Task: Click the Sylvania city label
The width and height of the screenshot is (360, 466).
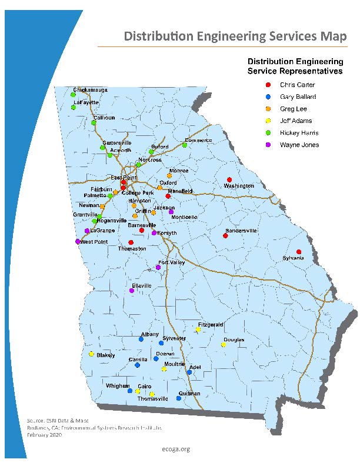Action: coord(294,258)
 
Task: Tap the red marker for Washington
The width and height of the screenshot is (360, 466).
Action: coord(229,179)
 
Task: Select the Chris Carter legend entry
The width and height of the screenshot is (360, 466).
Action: coord(297,85)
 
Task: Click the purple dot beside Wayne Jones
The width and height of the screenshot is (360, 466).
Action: coord(268,145)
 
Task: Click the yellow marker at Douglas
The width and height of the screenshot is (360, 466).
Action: coord(223,345)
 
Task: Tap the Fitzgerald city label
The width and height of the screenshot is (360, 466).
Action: coord(211,324)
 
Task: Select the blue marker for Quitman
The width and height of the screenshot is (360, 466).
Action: coord(179,398)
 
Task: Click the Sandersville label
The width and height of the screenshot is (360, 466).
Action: coord(241,231)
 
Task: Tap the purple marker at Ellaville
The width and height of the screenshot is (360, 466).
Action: coord(132,291)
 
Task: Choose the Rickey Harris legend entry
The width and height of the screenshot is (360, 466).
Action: coord(299,133)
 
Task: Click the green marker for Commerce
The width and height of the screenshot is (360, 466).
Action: coord(184,145)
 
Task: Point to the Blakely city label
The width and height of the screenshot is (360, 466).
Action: coord(106,355)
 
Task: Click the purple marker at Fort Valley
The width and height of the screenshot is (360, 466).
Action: coord(158,268)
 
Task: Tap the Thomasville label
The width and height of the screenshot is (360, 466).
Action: coord(152,399)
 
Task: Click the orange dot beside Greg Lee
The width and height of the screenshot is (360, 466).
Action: coord(268,109)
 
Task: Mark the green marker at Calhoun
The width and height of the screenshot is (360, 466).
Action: coord(94,122)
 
